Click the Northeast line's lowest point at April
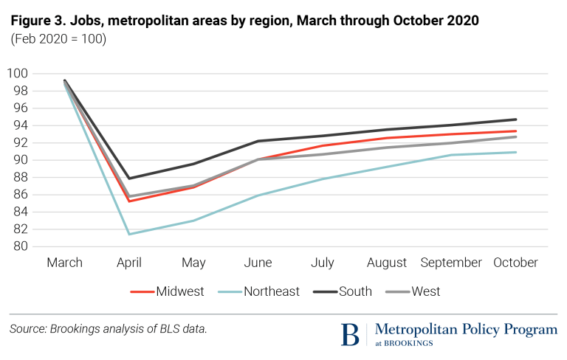[x=129, y=234]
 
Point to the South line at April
[x=129, y=178]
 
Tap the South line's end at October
[x=516, y=119]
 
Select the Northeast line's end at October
[x=516, y=152]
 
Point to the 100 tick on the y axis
[x=18, y=73]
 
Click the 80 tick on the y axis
[x=21, y=246]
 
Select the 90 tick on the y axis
[x=21, y=160]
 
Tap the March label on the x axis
[x=65, y=263]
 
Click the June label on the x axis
[x=258, y=263]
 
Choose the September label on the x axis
[x=451, y=263]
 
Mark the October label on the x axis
[x=516, y=263]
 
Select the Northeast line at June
[x=258, y=195]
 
